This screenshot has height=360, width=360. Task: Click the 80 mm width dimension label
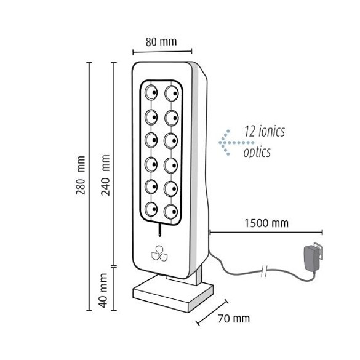[x=161, y=42]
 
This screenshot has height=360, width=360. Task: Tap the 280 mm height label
[x=81, y=175]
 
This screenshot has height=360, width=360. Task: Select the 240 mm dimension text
[x=106, y=175]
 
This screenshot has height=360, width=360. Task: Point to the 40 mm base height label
[x=103, y=290]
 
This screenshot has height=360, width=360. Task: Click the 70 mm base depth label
[x=234, y=319]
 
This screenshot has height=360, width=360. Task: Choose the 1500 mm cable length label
[x=266, y=223]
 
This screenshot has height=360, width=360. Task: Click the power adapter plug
[x=312, y=255]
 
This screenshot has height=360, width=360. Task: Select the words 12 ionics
[x=264, y=131]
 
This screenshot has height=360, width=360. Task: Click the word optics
[x=257, y=152]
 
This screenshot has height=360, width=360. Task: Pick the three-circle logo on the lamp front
[x=159, y=254]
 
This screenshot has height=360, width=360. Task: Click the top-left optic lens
[x=151, y=92]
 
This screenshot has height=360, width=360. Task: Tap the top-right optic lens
[x=172, y=93]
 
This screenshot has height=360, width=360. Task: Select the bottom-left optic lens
[x=151, y=209]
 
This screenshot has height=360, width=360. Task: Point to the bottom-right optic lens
[x=171, y=211]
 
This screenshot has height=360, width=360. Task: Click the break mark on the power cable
[x=265, y=271]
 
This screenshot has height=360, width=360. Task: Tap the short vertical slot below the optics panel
[x=159, y=230]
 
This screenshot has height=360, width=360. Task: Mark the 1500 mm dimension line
[x=266, y=233]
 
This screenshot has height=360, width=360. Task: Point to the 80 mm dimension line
[x=162, y=52]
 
